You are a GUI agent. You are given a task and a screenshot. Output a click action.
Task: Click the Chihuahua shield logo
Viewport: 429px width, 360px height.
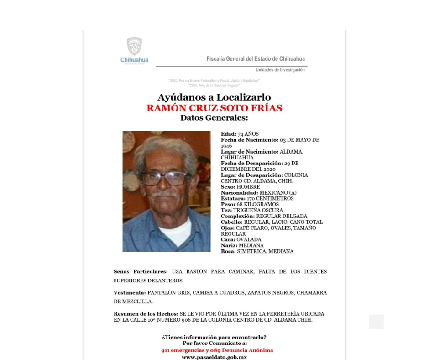pyautogui.click(x=134, y=47)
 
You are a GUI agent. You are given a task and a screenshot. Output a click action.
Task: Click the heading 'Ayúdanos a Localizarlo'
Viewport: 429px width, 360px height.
pyautogui.click(x=214, y=97)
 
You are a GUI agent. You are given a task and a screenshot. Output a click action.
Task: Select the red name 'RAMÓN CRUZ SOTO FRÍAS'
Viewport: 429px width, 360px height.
pyautogui.click(x=214, y=108)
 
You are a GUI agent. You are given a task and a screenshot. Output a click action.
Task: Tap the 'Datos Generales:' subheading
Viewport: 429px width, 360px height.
pyautogui.click(x=214, y=118)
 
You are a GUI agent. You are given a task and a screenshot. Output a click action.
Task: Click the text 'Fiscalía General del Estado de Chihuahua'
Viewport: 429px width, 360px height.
pyautogui.click(x=256, y=59)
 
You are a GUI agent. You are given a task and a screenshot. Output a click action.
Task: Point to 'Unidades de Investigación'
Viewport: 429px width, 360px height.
pyautogui.click(x=280, y=70)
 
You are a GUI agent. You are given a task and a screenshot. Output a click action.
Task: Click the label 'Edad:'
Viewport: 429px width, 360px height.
pyautogui.click(x=228, y=134)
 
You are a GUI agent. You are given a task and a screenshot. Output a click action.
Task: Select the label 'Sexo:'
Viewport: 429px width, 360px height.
pyautogui.click(x=228, y=187)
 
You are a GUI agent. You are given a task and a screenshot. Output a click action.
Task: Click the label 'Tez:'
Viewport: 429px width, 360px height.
pyautogui.click(x=226, y=210)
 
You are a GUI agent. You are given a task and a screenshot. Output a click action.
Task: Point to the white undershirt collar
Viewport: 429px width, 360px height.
pyautogui.click(x=176, y=231)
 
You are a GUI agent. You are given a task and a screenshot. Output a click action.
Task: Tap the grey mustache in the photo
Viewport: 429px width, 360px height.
pyautogui.click(x=164, y=195)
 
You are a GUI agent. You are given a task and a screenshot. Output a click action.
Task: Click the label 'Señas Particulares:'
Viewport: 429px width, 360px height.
pyautogui.click(x=141, y=272)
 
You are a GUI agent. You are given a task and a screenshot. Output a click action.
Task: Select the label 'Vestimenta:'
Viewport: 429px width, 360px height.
pyautogui.click(x=130, y=293)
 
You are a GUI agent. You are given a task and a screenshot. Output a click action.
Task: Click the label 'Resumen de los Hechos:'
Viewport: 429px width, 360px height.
pyautogui.click(x=146, y=314)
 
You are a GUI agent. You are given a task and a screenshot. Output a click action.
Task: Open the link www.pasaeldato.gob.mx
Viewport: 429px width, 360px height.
pyautogui.click(x=214, y=357)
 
